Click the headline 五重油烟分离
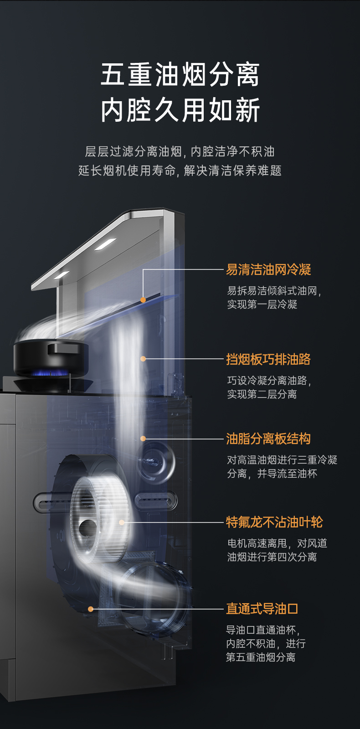[x=180, y=75]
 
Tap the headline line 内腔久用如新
[x=180, y=110]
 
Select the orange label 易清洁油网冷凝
[x=268, y=269]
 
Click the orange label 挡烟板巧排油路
[x=268, y=359]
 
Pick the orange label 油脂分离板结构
[x=268, y=439]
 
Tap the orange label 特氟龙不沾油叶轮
[x=274, y=522]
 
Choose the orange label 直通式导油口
[x=262, y=609]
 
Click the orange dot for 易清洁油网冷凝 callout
[x=143, y=300]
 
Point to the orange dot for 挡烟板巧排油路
[x=143, y=359]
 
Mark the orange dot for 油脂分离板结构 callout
[x=143, y=439]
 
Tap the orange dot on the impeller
[x=122, y=522]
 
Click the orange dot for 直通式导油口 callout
[x=91, y=609]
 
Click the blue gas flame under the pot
[x=51, y=373]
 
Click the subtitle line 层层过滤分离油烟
[x=134, y=151]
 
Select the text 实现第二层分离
[x=262, y=394]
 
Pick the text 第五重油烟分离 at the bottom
[x=261, y=657]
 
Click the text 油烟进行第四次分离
[x=272, y=557]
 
